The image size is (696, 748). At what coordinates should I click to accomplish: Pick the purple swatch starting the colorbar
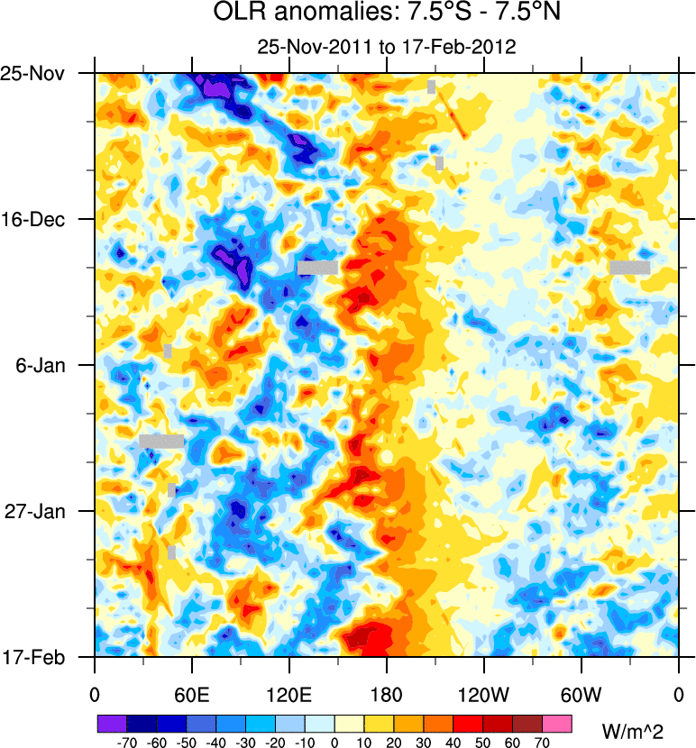point(112,723)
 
